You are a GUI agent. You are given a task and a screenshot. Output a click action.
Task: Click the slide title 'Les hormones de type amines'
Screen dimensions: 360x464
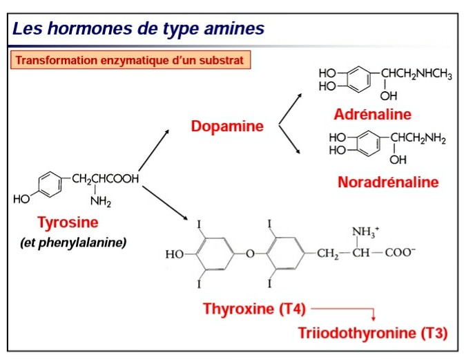pyautogui.click(x=138, y=29)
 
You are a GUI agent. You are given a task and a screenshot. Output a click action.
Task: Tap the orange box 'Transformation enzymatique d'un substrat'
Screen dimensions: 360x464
pyautogui.click(x=130, y=60)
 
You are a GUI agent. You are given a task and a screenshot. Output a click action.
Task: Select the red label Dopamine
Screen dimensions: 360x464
pyautogui.click(x=227, y=126)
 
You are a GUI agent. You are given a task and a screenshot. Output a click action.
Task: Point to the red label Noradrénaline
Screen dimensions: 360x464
pyautogui.click(x=388, y=182)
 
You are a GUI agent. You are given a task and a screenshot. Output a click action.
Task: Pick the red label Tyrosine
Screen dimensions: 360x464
pyautogui.click(x=68, y=222)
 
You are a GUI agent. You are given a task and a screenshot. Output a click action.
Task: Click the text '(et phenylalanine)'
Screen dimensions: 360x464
pyautogui.click(x=72, y=243)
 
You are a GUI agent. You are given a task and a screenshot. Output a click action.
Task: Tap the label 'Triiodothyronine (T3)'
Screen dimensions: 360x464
pyautogui.click(x=372, y=333)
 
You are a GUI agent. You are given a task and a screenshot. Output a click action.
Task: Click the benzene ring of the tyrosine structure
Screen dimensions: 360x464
pyautogui.click(x=48, y=183)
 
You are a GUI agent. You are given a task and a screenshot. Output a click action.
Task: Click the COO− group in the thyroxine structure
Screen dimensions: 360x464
pyautogui.click(x=400, y=253)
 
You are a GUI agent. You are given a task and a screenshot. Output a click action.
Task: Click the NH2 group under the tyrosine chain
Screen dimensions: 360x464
pyautogui.click(x=100, y=201)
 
